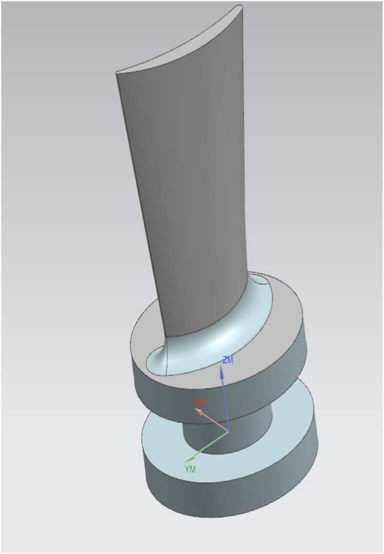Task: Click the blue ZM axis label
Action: tap(228, 360)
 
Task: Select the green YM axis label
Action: tap(190, 468)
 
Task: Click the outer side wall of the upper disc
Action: tap(266, 394)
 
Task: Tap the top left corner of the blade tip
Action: tap(117, 73)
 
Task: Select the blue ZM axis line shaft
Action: tap(225, 404)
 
